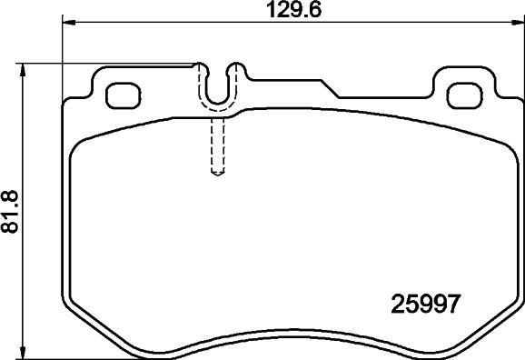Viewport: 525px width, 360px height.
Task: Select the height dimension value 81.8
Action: [x=11, y=212]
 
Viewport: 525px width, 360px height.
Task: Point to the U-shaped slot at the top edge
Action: [x=217, y=87]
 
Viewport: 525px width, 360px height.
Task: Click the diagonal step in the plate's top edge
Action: [x=331, y=89]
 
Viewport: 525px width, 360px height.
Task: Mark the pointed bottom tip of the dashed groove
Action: [x=217, y=174]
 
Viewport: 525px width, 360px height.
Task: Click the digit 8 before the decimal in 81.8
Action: [x=11, y=226]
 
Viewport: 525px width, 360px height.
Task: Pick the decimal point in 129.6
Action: [x=298, y=15]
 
